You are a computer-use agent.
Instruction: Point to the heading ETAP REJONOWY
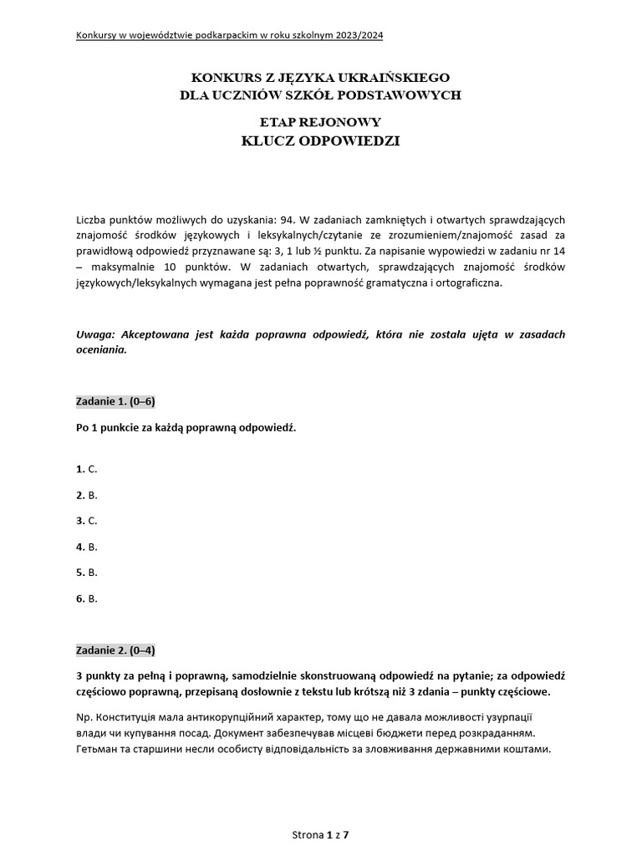point(320,122)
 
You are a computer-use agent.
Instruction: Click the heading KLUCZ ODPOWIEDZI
point(320,140)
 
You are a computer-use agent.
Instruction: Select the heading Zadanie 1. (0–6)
point(115,401)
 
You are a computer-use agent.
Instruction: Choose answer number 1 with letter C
point(87,469)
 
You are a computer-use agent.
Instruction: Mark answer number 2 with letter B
point(87,495)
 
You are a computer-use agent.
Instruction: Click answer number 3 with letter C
point(87,521)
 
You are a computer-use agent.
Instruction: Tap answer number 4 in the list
point(87,547)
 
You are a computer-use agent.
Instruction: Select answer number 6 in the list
point(87,599)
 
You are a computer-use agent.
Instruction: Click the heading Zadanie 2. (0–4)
point(115,650)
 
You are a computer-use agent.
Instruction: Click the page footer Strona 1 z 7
point(320,834)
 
